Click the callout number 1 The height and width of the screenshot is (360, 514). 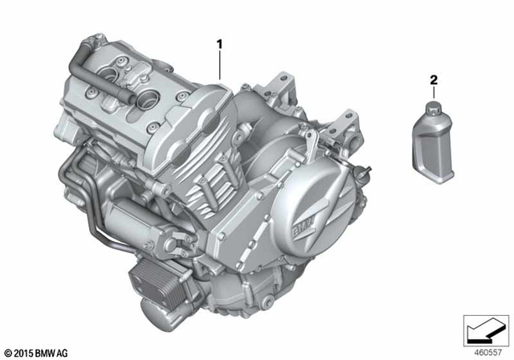pyautogui.click(x=219, y=44)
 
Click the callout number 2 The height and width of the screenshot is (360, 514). pyautogui.click(x=434, y=80)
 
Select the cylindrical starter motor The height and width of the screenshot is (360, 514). pyautogui.click(x=137, y=223)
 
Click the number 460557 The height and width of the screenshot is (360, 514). pyautogui.click(x=487, y=353)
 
